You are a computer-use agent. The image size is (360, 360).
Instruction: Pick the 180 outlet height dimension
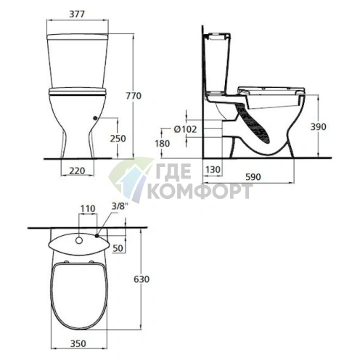click(x=163, y=144)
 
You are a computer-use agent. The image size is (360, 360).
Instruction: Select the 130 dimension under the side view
click(x=212, y=169)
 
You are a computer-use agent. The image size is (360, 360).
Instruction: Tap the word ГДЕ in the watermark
click(x=171, y=173)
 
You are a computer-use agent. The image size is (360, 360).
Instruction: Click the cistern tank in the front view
click(x=77, y=62)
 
